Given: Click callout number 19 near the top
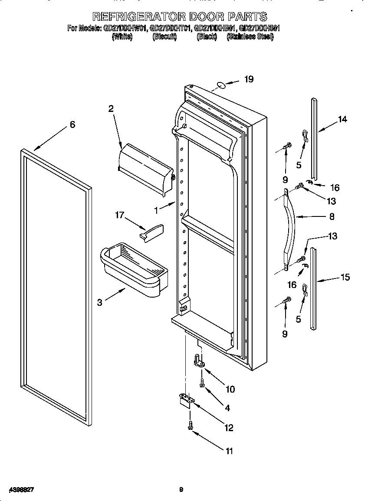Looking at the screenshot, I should point(248,79).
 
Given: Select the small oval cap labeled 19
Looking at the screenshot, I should point(220,85).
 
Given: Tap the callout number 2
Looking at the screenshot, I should point(111,109).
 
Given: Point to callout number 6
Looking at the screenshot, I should point(72,125).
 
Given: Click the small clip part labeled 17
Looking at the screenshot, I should point(152,231).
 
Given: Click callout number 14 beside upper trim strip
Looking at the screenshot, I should point(342,120).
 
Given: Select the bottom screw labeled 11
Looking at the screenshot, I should point(190,426).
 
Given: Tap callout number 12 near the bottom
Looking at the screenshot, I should point(228,428).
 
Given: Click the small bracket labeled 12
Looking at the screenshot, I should point(185,399).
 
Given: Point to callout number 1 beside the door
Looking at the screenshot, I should point(157,210).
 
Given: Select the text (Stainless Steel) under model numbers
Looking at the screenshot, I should point(250,38).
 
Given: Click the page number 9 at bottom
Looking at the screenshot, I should point(181,490).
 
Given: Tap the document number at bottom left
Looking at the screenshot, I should point(21,489).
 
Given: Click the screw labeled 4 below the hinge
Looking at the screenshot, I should point(202,383).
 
